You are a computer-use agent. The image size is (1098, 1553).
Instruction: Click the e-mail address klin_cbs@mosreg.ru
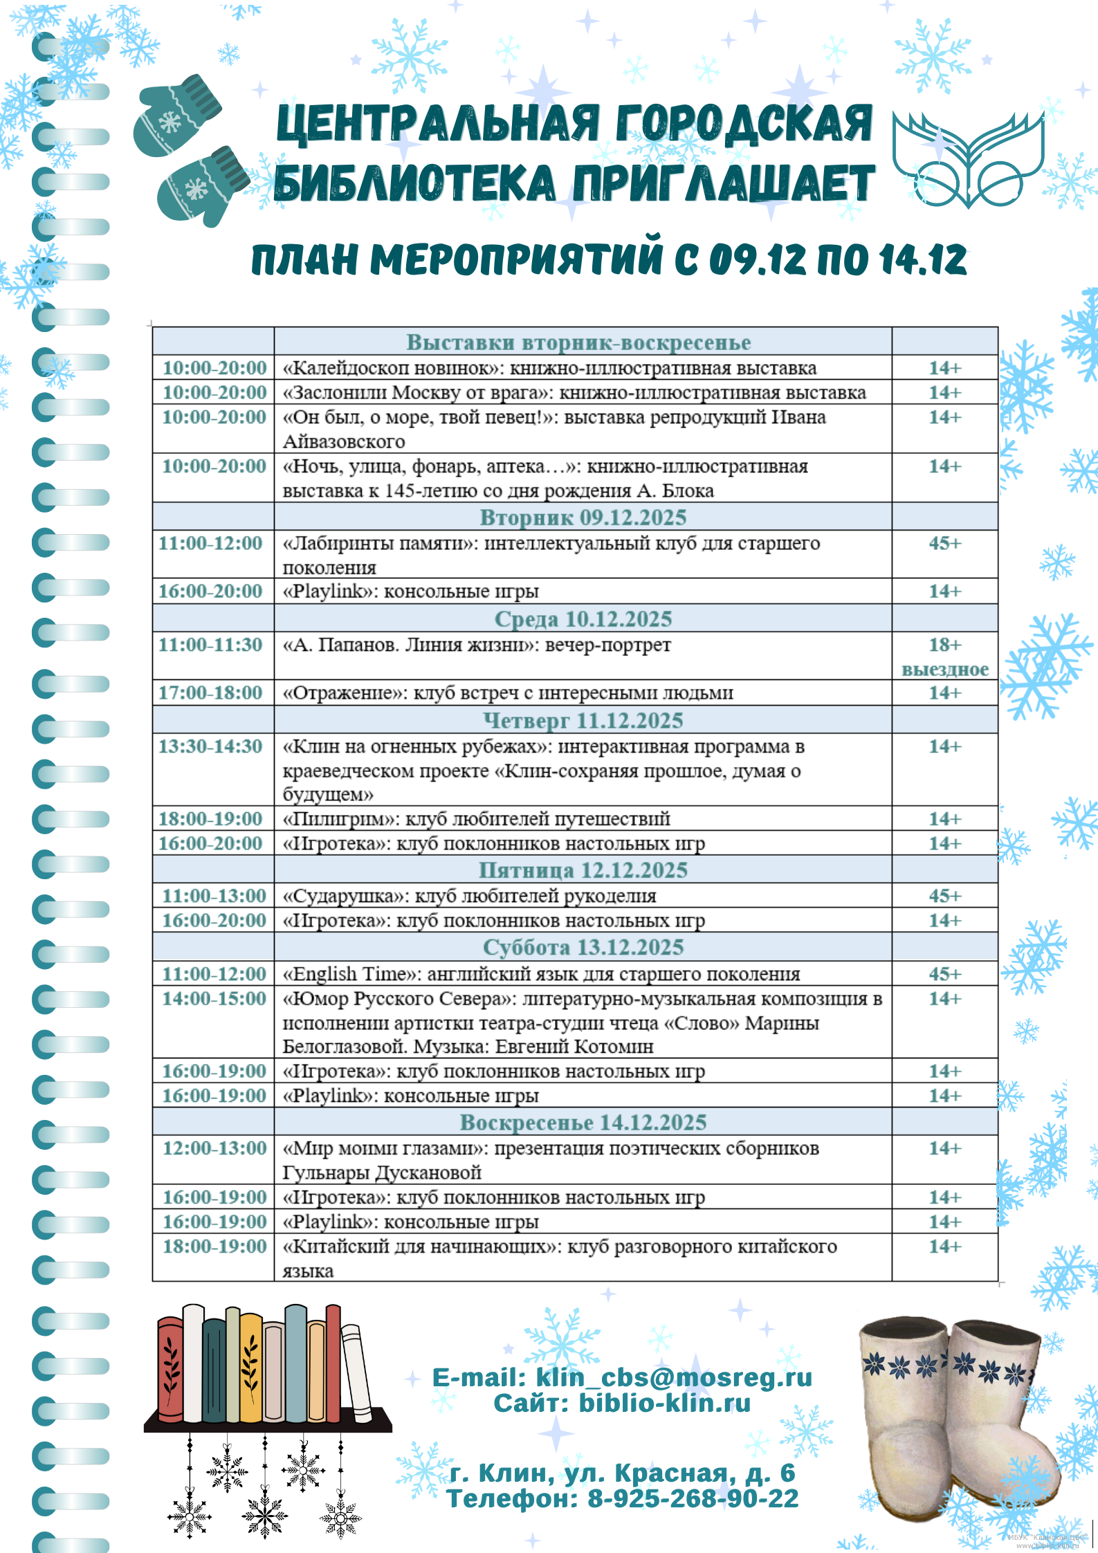click(x=674, y=1377)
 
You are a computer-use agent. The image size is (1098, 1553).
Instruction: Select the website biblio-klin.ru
click(x=664, y=1403)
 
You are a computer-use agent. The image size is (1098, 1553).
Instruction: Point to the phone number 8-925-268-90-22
click(x=693, y=1498)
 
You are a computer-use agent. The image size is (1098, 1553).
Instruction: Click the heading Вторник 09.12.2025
click(x=583, y=517)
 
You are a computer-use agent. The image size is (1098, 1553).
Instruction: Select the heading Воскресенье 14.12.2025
click(x=583, y=1122)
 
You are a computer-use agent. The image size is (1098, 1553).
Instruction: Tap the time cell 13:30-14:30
click(x=210, y=746)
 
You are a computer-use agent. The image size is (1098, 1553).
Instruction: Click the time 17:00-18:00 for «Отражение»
click(x=210, y=692)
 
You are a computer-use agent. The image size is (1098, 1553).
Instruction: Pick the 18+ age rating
click(x=944, y=645)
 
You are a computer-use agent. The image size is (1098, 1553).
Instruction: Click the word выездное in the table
click(x=944, y=670)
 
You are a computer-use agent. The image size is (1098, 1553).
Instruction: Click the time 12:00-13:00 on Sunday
click(x=214, y=1148)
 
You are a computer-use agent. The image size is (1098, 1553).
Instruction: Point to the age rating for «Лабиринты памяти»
click(x=944, y=543)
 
